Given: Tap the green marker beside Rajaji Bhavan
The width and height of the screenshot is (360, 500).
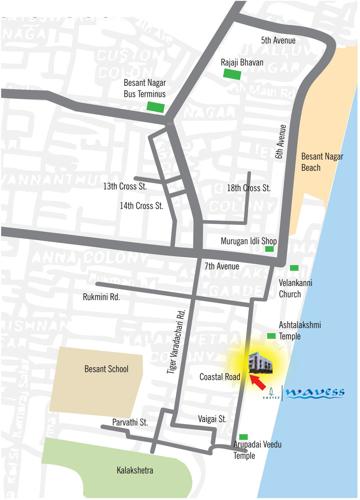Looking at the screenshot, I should tap(232, 74).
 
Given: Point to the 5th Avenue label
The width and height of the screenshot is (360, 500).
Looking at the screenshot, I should tap(279, 41).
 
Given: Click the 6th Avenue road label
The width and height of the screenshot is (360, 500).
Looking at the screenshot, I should tap(281, 142).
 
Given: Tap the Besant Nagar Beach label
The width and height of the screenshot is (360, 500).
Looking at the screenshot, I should tap(325, 163).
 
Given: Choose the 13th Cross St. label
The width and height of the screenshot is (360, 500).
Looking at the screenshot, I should tap(125, 186).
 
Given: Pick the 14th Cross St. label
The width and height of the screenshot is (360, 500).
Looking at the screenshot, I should tap(141, 206).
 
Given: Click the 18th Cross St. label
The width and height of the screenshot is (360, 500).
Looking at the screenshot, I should tap(249, 188).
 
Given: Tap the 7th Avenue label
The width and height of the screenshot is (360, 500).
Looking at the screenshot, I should tap(221, 267).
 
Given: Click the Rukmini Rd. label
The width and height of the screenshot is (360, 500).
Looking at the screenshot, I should tap(101, 297).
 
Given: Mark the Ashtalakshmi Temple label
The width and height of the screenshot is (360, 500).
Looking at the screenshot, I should tap(304, 331).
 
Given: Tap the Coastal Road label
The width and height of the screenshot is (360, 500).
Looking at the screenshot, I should tap(220, 377).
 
